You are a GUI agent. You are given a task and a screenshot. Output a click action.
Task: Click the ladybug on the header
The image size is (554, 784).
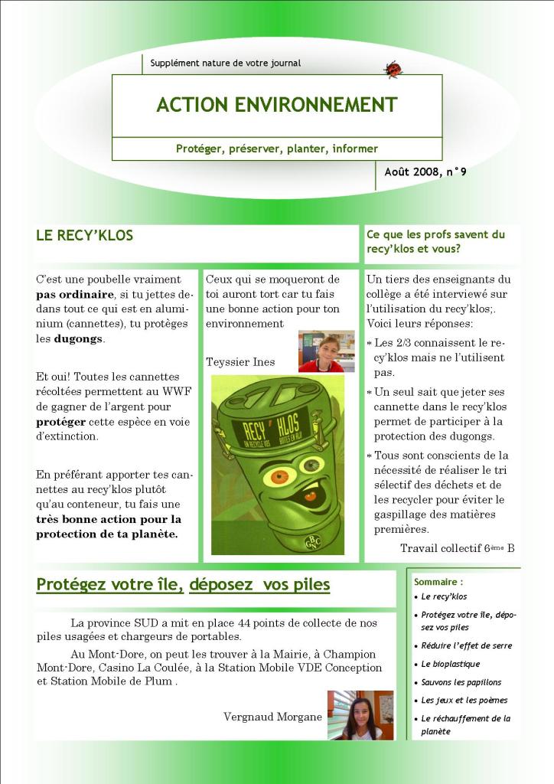pos(393,70)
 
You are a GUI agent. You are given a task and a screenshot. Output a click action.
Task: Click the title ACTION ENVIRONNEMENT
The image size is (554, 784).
pos(276,105)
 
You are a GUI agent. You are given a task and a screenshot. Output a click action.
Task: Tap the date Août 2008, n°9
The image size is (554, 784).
pos(425,172)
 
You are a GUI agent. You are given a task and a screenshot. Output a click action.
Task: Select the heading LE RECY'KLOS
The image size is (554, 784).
pos(84,236)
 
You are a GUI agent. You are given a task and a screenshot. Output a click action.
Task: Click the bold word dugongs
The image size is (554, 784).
pos(79,338)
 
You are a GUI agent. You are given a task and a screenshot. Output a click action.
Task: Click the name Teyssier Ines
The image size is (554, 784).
pos(240,361)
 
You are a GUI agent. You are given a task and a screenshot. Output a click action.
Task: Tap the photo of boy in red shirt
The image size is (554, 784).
pos(326,351)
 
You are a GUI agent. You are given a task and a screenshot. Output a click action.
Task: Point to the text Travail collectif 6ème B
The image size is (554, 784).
pos(457,548)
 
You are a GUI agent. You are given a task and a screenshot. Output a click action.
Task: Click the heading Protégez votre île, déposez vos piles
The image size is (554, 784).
pos(183,585)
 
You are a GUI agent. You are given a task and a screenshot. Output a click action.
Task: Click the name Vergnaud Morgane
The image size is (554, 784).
pos(272,717)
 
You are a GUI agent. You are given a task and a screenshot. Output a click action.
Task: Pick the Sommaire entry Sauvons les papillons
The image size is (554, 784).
pos(461,682)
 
